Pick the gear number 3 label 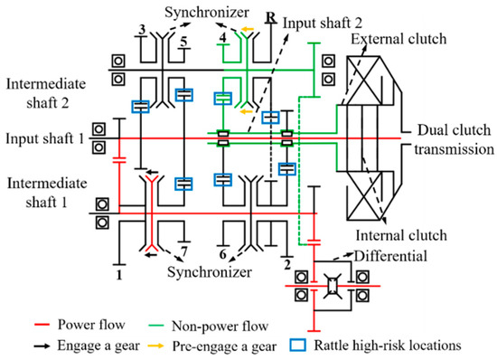(141, 30)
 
